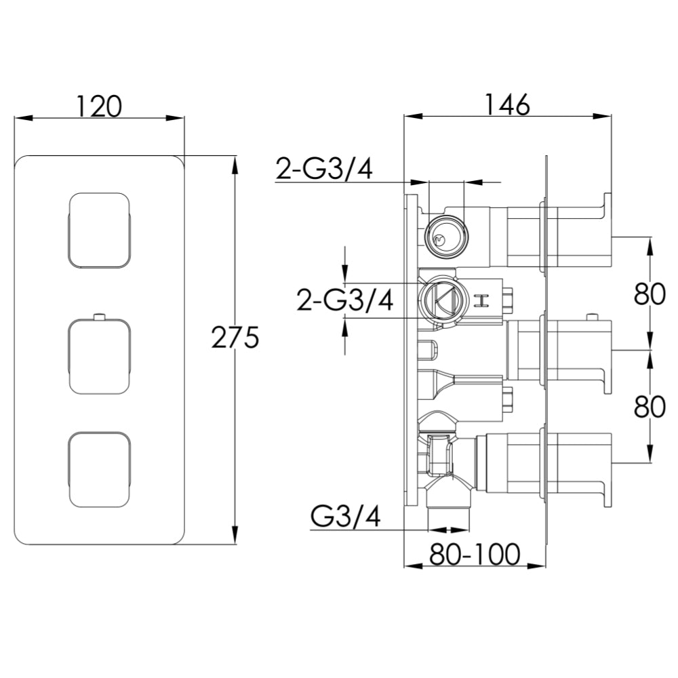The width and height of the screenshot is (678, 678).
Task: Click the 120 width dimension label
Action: click(x=99, y=106)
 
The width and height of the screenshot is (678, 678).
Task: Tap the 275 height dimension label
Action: click(x=235, y=337)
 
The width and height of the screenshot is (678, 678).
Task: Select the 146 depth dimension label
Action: click(x=508, y=104)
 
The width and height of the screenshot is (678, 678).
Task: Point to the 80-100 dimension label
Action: click(x=475, y=554)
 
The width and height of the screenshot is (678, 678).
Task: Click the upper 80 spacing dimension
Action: click(x=649, y=294)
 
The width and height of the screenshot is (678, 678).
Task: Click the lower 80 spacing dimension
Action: click(x=649, y=406)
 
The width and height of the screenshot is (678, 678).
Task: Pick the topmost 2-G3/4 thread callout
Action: click(x=324, y=169)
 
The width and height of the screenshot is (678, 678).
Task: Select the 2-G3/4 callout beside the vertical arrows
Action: click(x=345, y=300)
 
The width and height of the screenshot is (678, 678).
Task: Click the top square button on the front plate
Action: click(x=99, y=231)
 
